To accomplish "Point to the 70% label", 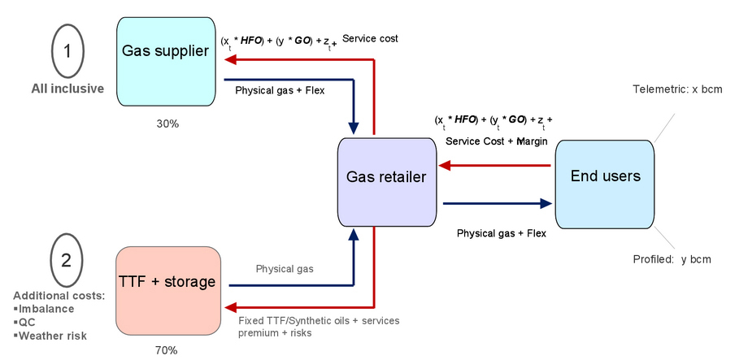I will click(166, 350).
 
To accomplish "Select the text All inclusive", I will click(67, 89).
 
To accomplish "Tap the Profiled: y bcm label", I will click(672, 259).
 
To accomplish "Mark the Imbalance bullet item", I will click(51, 308).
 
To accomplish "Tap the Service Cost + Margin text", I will click(497, 141).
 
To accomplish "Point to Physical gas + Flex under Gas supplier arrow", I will click(280, 90).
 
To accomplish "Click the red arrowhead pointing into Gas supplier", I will click(229, 59).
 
